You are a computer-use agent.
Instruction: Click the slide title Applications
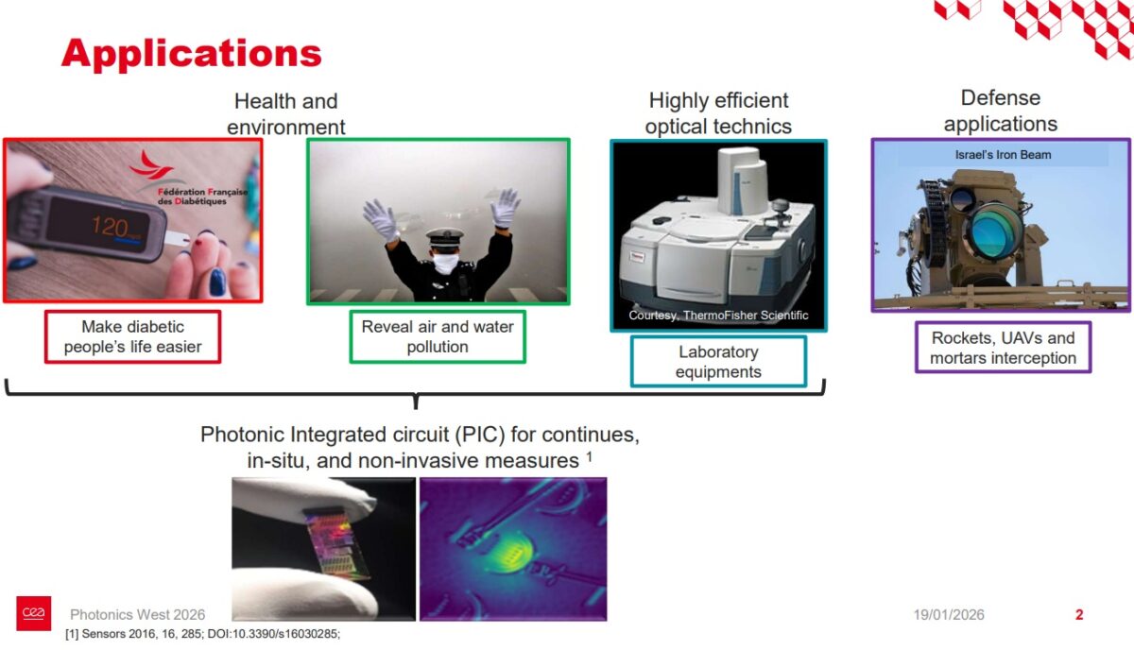click(192, 54)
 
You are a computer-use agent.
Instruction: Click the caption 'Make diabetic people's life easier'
click(132, 336)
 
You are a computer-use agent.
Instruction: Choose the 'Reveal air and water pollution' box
click(438, 336)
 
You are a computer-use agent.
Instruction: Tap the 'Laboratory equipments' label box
click(718, 362)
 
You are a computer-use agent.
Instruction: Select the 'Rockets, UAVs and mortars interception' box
click(1003, 348)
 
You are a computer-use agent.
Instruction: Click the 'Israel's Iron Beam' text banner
click(1003, 155)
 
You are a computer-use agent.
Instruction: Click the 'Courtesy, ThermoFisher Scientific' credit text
click(718, 316)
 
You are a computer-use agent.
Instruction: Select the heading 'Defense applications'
click(1000, 111)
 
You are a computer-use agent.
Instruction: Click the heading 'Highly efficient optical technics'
click(718, 113)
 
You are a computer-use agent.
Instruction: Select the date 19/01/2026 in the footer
click(948, 615)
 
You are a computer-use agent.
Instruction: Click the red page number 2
click(1079, 615)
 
